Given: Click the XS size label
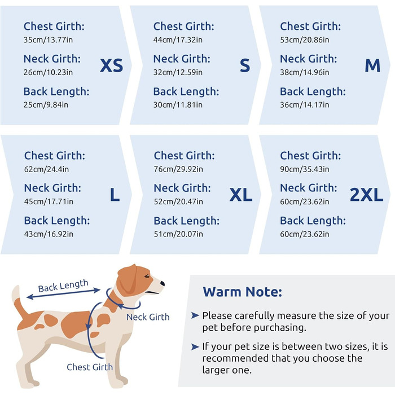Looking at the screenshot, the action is (111, 65).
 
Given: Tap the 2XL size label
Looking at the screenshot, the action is (367, 195).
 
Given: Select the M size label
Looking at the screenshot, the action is (372, 65).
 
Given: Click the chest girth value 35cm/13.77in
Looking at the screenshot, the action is (48, 40).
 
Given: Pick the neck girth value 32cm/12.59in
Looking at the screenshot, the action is (178, 72).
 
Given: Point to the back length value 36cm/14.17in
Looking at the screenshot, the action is (305, 105).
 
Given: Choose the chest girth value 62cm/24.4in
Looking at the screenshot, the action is (46, 169).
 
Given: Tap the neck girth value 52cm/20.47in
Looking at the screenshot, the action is (178, 201).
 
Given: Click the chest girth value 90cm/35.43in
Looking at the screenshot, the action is (305, 169).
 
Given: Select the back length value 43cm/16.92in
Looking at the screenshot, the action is (49, 234).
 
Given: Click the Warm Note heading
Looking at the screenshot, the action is (242, 292).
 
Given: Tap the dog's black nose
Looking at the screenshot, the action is (163, 283).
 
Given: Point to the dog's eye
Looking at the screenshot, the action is (147, 276).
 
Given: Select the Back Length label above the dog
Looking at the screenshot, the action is (63, 286).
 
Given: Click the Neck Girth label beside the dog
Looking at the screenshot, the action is (148, 317).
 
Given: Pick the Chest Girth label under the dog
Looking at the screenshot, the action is (90, 367).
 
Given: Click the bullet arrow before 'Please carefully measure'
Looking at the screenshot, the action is (195, 315).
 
